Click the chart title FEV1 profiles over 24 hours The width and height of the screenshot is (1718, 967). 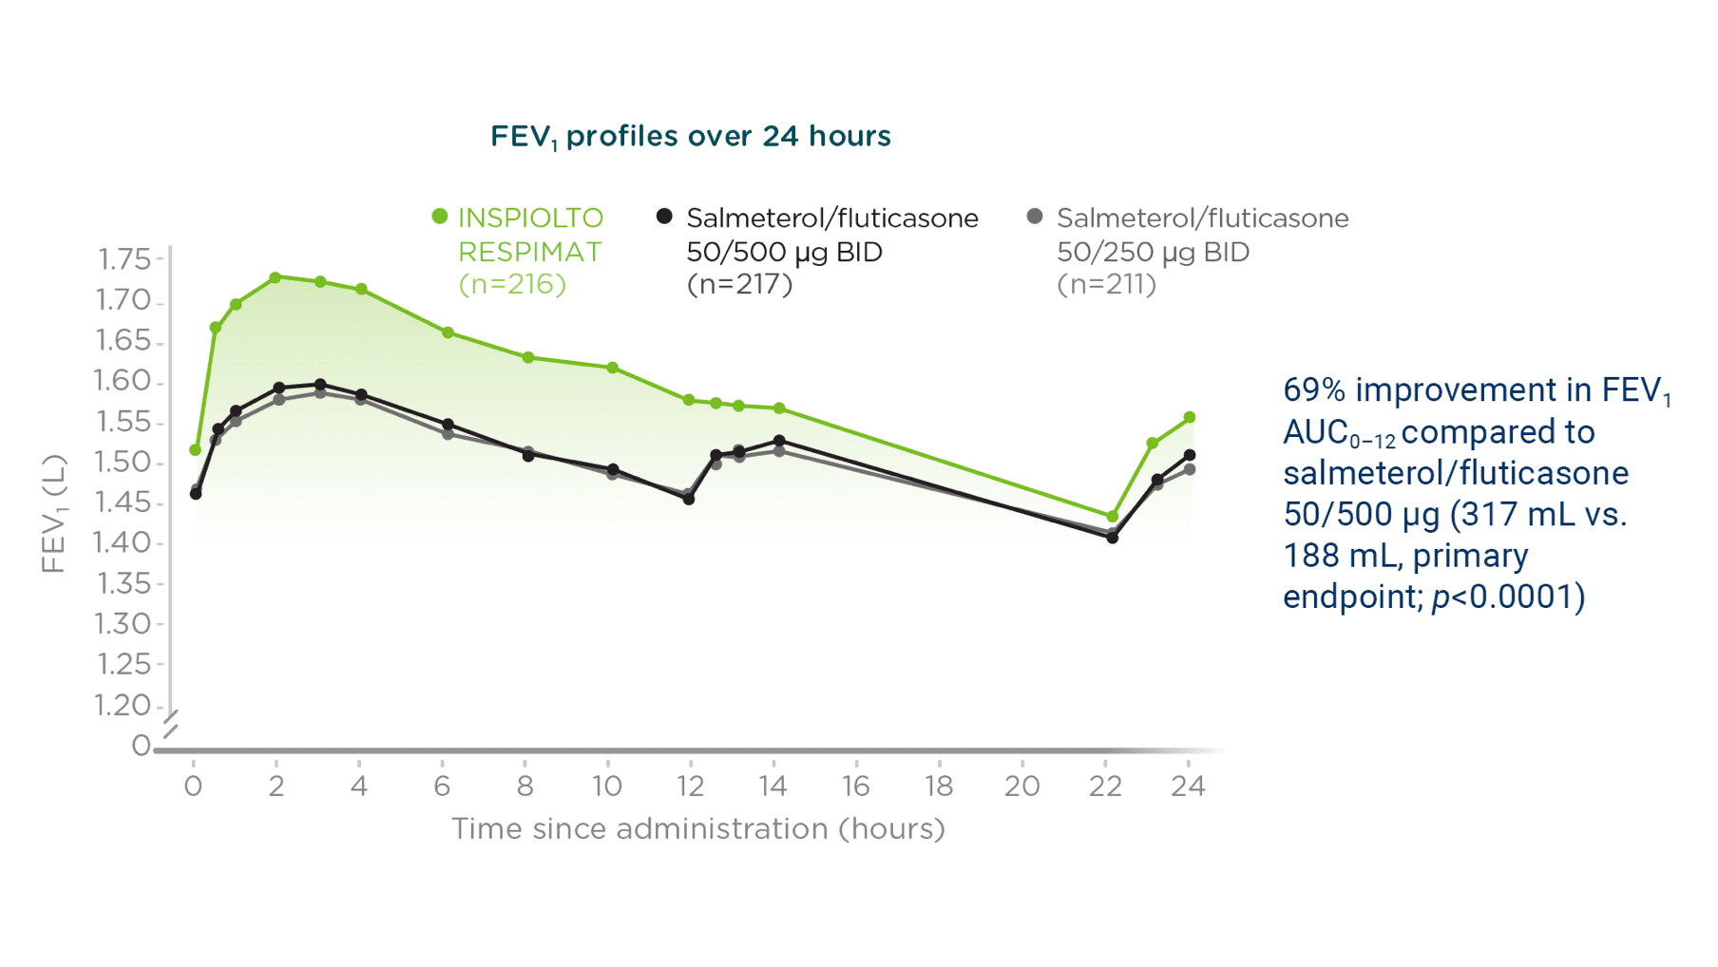[x=690, y=137]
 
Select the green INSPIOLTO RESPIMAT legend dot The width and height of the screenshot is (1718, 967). [x=440, y=217]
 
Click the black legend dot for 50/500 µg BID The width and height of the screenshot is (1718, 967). [x=664, y=217]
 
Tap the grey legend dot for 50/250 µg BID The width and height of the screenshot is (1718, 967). [x=1035, y=217]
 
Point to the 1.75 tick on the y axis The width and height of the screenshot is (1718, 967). [x=124, y=259]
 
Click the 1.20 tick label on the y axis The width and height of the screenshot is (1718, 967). [x=124, y=705]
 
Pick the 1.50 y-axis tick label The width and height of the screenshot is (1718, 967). [x=124, y=463]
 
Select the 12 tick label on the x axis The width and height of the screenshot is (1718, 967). [x=690, y=786]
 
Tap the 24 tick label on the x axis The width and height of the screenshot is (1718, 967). [x=1188, y=786]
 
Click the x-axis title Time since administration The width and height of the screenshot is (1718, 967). [x=697, y=828]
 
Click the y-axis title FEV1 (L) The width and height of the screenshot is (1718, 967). [x=54, y=513]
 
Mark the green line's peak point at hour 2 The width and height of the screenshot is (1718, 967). [x=276, y=277]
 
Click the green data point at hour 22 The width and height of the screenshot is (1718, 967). [x=1112, y=517]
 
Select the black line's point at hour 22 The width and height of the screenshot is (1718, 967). [x=1112, y=538]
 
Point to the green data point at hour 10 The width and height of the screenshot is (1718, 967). [x=613, y=368]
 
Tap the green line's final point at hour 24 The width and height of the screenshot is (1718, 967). [x=1189, y=417]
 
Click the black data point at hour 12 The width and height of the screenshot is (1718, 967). [x=689, y=499]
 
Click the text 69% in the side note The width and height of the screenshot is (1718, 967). [x=1313, y=390]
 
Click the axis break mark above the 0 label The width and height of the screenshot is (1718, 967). [x=170, y=724]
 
